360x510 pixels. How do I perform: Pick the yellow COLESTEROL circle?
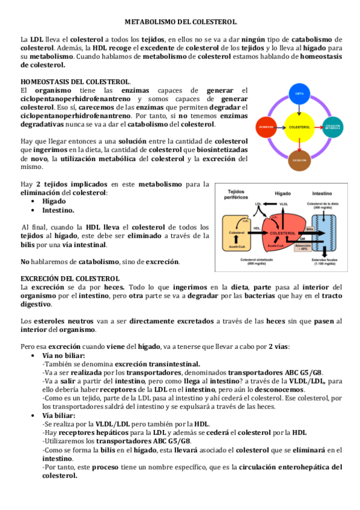click(x=299, y=127)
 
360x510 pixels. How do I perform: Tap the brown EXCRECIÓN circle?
click(x=299, y=161)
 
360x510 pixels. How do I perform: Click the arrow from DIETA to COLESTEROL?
click(x=299, y=109)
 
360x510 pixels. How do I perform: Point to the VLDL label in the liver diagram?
click(x=284, y=204)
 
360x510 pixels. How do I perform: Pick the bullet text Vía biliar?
click(x=59, y=415)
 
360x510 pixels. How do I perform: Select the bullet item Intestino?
click(x=58, y=210)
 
